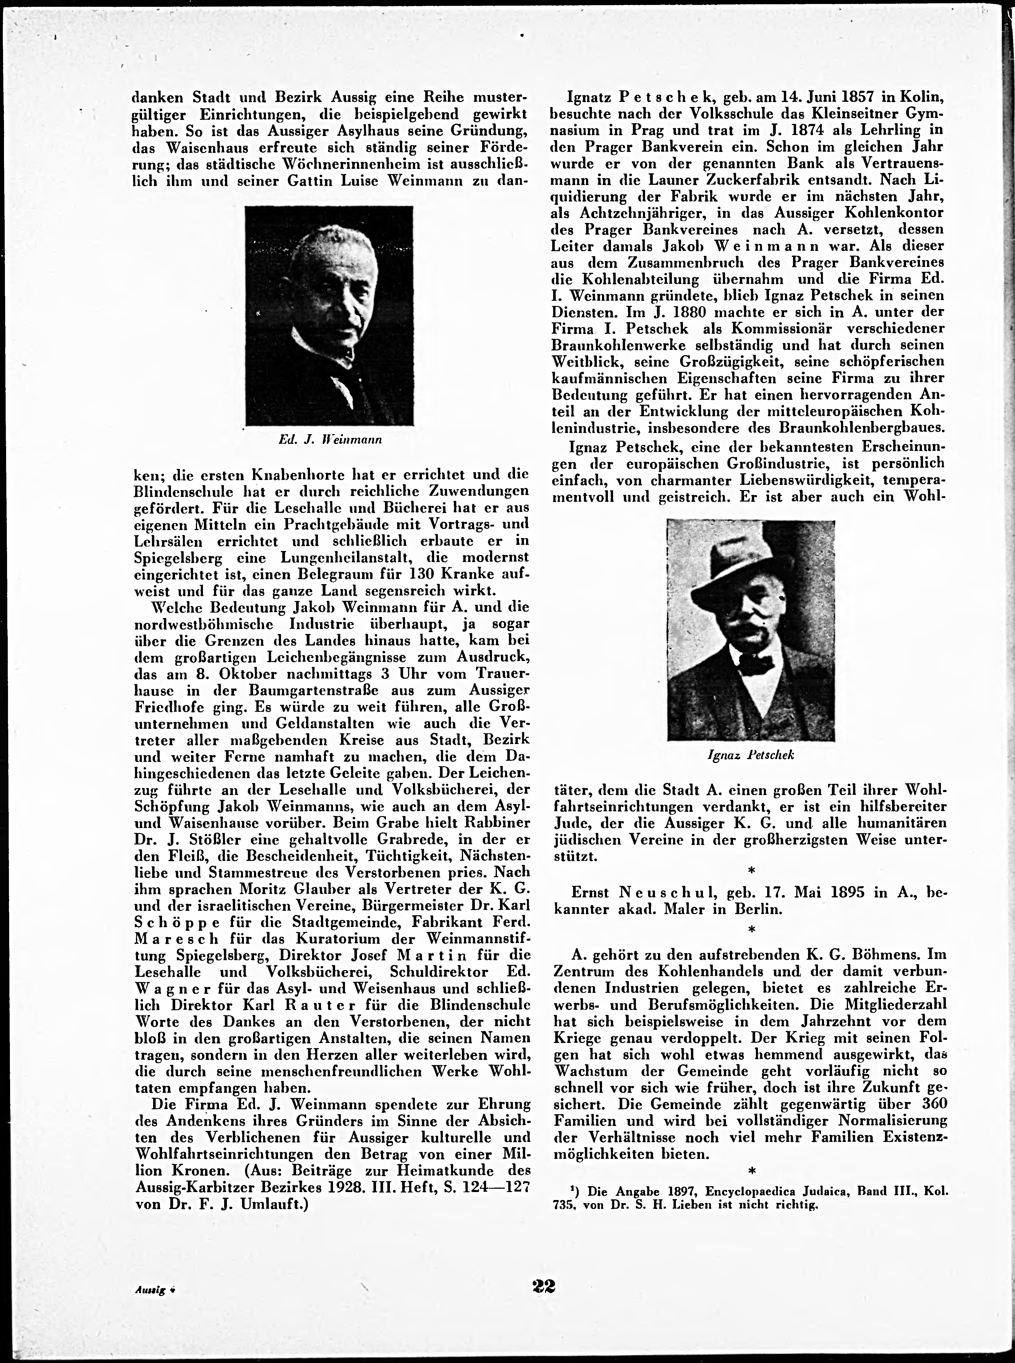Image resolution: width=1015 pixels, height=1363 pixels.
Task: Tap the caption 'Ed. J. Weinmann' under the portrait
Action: [x=331, y=440]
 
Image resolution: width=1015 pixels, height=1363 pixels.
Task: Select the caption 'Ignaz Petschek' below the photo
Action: [x=751, y=755]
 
